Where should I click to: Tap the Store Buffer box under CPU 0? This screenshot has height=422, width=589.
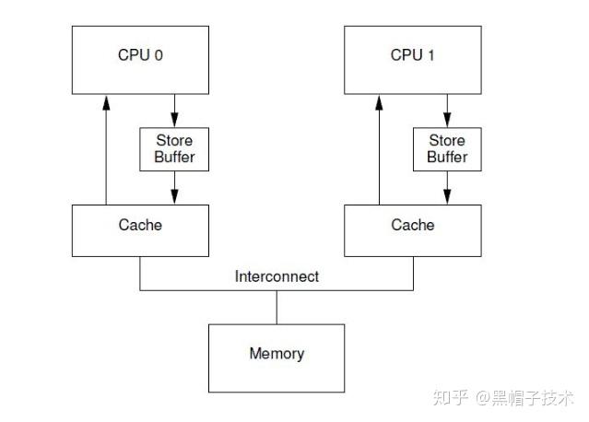pyautogui.click(x=174, y=148)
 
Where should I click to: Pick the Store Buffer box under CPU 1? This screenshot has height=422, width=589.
pyautogui.click(x=447, y=148)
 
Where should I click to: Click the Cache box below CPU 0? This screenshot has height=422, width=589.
pyautogui.click(x=141, y=230)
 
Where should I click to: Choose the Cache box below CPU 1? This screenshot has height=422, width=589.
pyautogui.click(x=413, y=230)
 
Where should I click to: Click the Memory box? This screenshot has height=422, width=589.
pyautogui.click(x=277, y=358)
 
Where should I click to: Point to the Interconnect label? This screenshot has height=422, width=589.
pyautogui.click(x=277, y=276)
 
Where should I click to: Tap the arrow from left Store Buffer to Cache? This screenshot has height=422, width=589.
pyautogui.click(x=174, y=188)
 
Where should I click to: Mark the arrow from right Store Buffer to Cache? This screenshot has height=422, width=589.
pyautogui.click(x=447, y=188)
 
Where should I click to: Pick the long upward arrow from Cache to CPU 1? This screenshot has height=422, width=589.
pyautogui.click(x=379, y=152)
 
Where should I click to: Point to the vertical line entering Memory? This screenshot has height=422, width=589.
pyautogui.click(x=277, y=307)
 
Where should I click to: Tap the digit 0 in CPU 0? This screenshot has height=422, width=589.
pyautogui.click(x=159, y=55)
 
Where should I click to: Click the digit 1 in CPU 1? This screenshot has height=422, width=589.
pyautogui.click(x=430, y=55)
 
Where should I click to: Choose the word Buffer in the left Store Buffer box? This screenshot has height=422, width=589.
pyautogui.click(x=174, y=157)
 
